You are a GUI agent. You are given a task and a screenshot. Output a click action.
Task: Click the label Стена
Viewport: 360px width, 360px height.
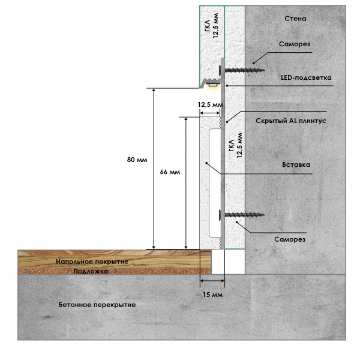click(x=295, y=19)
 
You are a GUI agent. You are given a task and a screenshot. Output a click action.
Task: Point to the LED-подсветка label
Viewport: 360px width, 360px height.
click(x=305, y=78)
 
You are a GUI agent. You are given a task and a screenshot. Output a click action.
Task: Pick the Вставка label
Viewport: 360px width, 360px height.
click(x=296, y=164)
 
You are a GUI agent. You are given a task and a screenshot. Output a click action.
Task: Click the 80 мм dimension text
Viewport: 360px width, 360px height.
click(x=137, y=160)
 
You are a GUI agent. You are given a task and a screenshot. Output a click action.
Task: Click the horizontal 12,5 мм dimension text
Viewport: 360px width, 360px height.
click(x=210, y=104)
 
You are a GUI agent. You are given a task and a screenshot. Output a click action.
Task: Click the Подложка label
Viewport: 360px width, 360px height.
click(x=91, y=271)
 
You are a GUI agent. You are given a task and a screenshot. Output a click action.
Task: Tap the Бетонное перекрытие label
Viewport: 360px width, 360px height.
click(x=97, y=305)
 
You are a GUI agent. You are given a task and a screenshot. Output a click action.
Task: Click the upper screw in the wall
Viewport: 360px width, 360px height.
click(x=243, y=70)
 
